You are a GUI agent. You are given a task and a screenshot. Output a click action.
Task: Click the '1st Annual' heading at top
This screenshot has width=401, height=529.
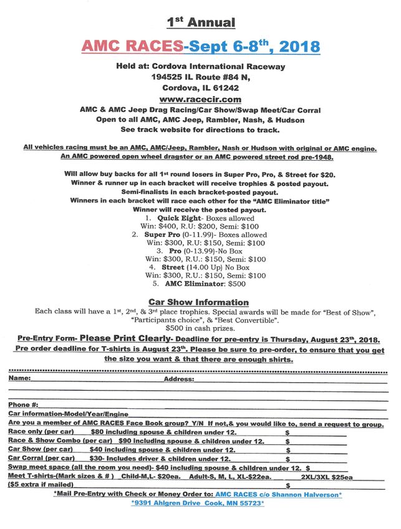(x=200, y=23)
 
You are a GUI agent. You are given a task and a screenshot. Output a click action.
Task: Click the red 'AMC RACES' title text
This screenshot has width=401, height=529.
(x=132, y=47)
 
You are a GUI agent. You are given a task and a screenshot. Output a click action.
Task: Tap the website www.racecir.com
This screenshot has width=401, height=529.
(x=200, y=99)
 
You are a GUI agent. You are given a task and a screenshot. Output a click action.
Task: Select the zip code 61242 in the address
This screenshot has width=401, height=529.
(x=225, y=88)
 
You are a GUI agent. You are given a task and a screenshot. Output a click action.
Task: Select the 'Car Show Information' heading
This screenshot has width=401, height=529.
(x=199, y=302)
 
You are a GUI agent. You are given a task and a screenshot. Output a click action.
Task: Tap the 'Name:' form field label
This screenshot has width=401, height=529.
(x=20, y=378)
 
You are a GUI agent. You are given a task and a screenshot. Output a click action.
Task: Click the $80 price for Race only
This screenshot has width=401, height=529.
(x=98, y=432)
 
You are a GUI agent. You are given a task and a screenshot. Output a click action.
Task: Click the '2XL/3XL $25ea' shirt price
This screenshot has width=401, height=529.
(x=326, y=477)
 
